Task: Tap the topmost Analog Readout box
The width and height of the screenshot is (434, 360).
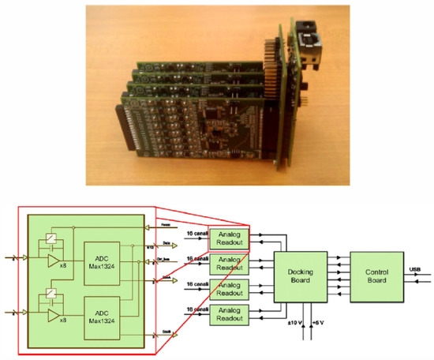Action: pyautogui.click(x=228, y=238)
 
